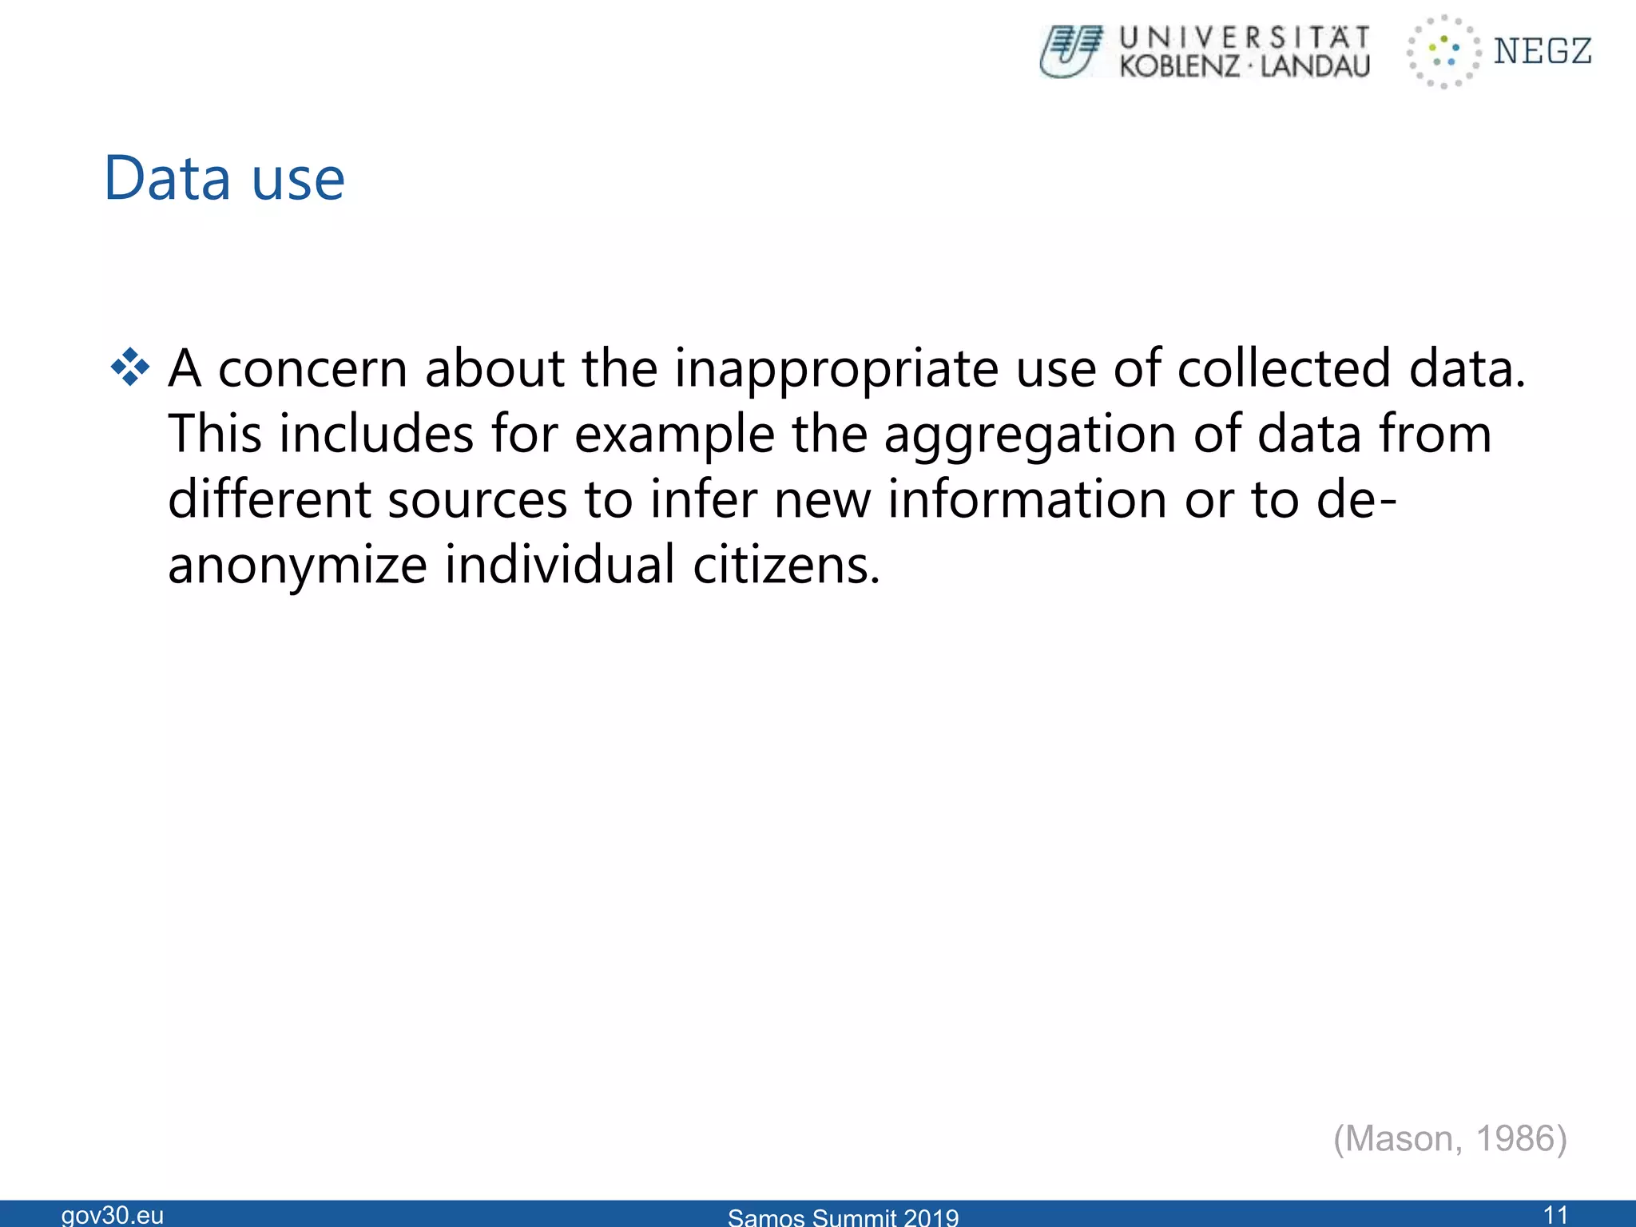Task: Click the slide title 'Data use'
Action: coord(224,178)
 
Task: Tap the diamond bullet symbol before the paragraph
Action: coord(130,368)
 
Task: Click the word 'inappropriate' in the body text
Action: coord(836,369)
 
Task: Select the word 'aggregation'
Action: coord(1030,435)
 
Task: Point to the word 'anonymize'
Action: coord(297,565)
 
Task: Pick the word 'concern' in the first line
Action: coord(313,369)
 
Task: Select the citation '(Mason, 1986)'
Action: coord(1450,1138)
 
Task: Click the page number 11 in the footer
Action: coord(1555,1214)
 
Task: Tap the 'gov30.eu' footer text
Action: coord(113,1215)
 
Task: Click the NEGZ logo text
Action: coord(1543,52)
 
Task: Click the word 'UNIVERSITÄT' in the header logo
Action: coord(1245,38)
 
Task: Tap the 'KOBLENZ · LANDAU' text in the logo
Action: coord(1245,66)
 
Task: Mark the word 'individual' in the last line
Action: coord(560,565)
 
